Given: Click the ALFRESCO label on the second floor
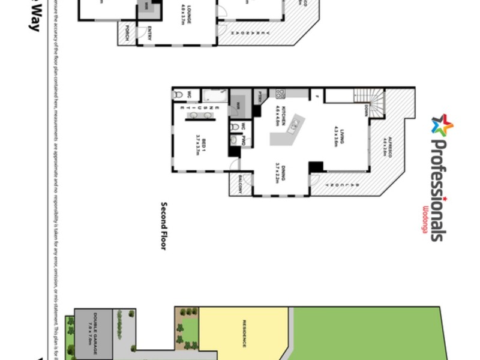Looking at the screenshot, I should point(387,146).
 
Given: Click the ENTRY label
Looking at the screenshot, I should point(149,34).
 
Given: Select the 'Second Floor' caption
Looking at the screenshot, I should point(163,226).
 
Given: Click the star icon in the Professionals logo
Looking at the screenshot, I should point(442,125).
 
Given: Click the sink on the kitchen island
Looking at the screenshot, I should point(294,126).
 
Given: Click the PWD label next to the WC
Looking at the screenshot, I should point(243,140).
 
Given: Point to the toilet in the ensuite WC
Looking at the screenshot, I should point(178,95).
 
